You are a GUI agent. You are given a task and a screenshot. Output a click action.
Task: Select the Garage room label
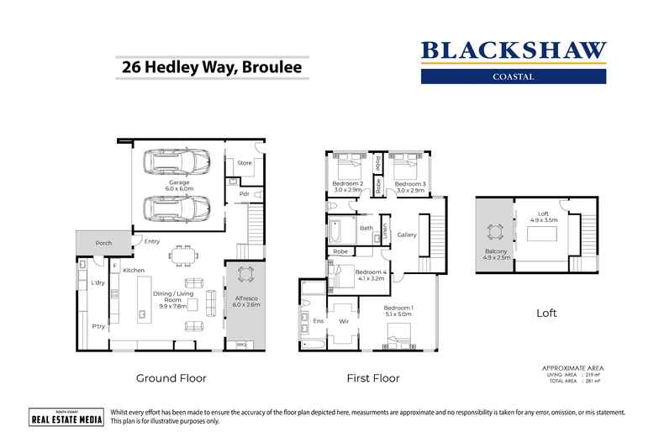(x=179, y=182)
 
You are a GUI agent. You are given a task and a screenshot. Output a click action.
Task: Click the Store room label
(x=245, y=163)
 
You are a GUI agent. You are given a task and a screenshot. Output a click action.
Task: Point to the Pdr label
(x=245, y=194)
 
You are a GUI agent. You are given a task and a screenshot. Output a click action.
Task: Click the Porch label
(x=103, y=243)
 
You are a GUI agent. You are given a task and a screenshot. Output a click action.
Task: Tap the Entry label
(x=152, y=242)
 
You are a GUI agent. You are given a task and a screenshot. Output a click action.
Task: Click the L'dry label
(x=98, y=284)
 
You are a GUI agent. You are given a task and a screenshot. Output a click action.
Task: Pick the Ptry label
(x=99, y=326)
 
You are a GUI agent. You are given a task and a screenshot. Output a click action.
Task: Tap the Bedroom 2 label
(x=348, y=183)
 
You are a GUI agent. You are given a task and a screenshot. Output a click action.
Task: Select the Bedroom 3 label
(x=410, y=183)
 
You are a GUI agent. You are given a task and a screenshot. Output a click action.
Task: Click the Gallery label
(x=408, y=235)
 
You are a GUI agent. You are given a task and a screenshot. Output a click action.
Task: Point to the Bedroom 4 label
(x=370, y=272)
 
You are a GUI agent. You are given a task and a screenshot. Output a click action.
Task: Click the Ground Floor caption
(x=171, y=378)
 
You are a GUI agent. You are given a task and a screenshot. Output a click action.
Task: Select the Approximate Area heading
(x=573, y=368)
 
